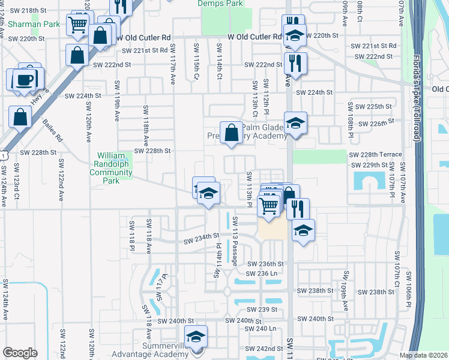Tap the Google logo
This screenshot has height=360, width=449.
click(x=20, y=352)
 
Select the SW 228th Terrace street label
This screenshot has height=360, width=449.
click(x=375, y=154)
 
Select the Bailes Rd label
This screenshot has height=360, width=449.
click(x=53, y=130)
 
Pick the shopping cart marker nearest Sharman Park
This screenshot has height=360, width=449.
click(x=78, y=25)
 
